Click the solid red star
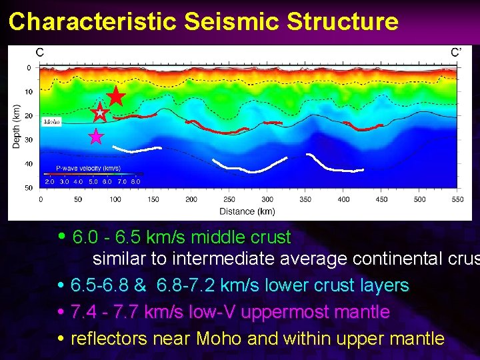tap(116, 97)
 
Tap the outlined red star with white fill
tap(99, 112)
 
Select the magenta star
tap(97, 137)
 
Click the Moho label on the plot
tap(51, 122)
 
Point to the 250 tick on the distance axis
tap(229, 199)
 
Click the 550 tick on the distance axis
tap(457, 199)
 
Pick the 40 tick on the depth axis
tap(28, 164)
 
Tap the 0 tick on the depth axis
tap(28, 68)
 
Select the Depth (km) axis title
tap(16, 127)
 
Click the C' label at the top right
tap(456, 52)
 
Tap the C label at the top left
tap(40, 52)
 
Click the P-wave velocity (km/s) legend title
tap(88, 169)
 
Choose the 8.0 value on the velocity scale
tap(135, 181)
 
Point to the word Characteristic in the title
tap(92, 22)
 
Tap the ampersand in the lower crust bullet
tap(139, 285)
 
